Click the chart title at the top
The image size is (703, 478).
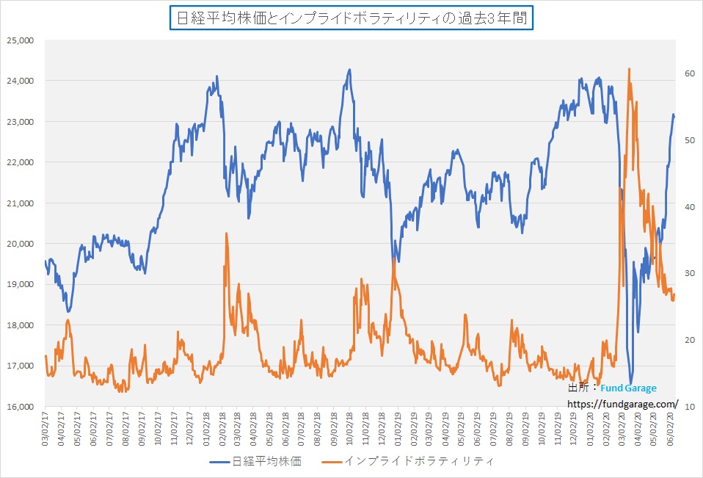(x=351, y=18)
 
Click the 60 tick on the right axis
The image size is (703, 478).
(x=689, y=73)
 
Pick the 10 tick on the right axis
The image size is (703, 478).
(x=689, y=406)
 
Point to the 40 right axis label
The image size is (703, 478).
(x=689, y=207)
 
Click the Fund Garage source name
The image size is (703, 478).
(x=628, y=388)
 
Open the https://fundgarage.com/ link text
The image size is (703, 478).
(x=622, y=403)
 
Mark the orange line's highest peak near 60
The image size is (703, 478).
(x=630, y=69)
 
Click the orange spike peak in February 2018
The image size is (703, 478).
(x=226, y=233)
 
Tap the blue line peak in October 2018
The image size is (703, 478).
(x=349, y=70)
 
